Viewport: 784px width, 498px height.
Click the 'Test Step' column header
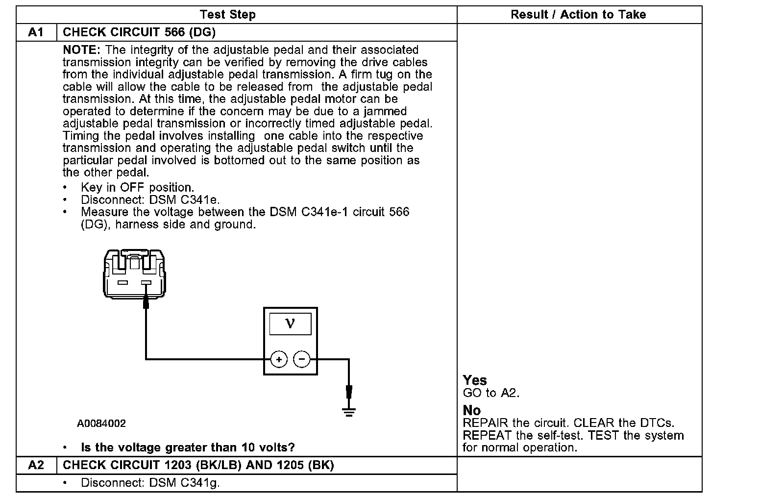coord(228,15)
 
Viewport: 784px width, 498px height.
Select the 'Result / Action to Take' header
coord(578,15)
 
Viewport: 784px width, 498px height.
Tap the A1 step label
coord(36,32)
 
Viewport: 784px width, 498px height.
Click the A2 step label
coord(36,465)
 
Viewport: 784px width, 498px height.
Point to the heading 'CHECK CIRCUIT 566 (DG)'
coord(139,32)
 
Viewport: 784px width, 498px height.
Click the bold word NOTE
coord(82,50)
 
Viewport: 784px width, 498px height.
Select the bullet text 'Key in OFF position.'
coord(137,188)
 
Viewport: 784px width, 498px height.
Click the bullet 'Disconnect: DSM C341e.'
coord(150,200)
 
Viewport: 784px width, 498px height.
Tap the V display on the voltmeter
coord(290,324)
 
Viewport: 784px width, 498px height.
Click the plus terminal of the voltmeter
coord(279,360)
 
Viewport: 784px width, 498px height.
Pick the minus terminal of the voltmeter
coord(301,360)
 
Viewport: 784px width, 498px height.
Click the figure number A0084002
coord(101,423)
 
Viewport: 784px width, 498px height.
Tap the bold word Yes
coord(475,380)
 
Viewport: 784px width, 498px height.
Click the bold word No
coord(472,410)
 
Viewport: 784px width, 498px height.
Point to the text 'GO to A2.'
coord(491,393)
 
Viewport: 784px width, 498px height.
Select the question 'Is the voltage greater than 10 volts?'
coord(188,448)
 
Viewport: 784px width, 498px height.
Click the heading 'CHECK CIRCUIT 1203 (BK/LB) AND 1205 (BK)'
coord(198,465)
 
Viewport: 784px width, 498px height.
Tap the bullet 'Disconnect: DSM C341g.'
coord(150,483)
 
